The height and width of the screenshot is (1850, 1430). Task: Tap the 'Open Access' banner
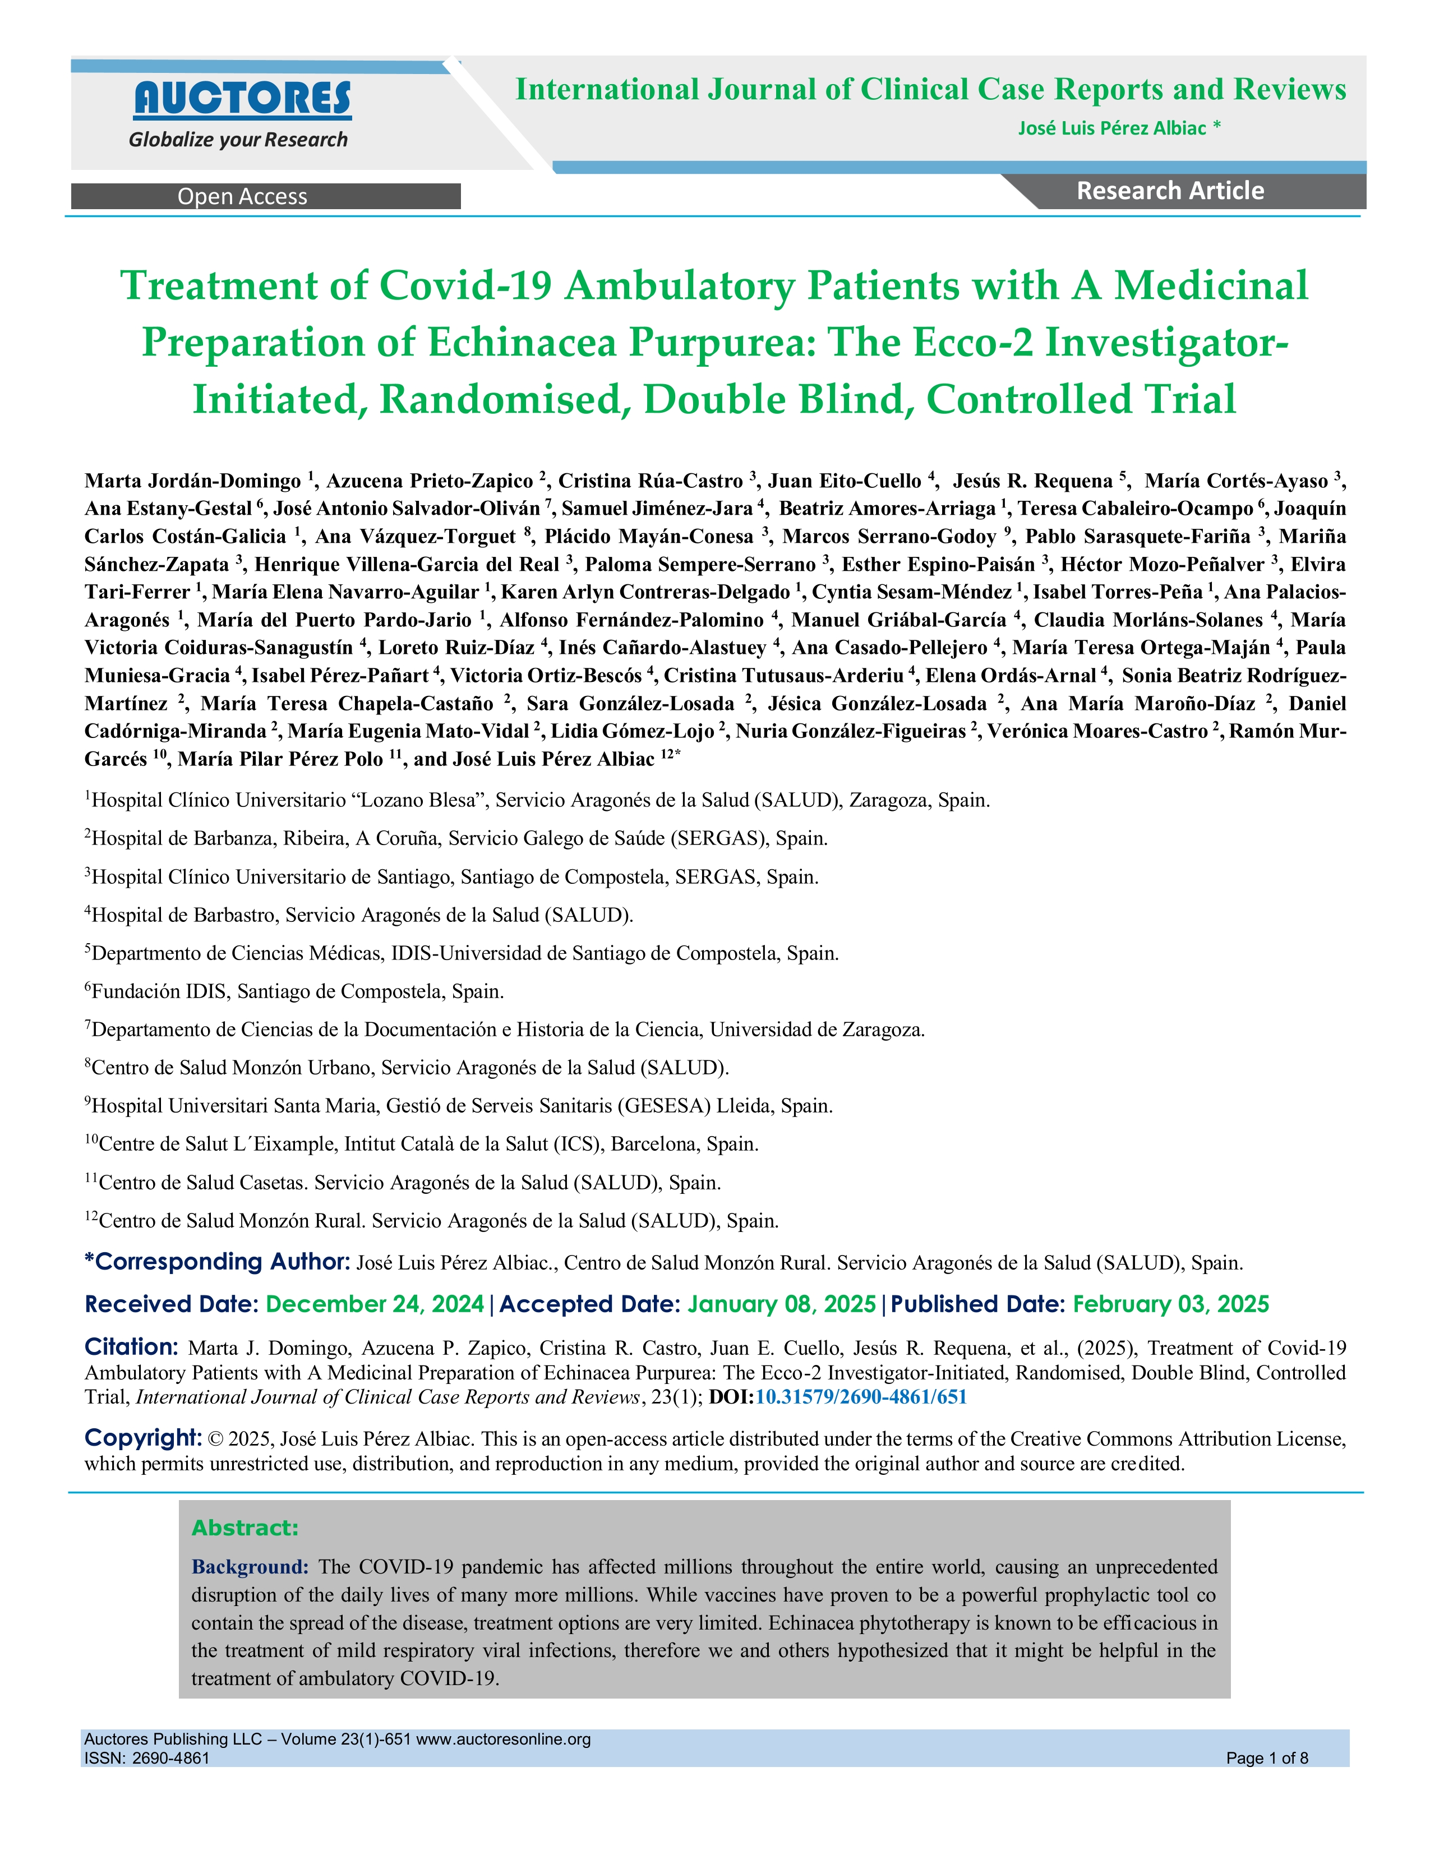pos(242,196)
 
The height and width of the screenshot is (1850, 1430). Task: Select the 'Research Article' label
pos(1170,191)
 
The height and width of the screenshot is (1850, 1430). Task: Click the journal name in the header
pos(930,90)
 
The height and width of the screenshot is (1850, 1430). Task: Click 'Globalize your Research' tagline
pos(238,140)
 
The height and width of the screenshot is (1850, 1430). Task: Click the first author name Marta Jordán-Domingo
pos(192,481)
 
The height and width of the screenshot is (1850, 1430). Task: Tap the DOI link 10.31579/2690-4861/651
pos(861,1397)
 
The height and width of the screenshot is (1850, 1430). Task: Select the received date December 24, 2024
pos(375,1304)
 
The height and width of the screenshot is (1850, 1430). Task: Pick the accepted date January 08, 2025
pos(781,1304)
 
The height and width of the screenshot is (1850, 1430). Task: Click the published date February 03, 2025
pos(1171,1304)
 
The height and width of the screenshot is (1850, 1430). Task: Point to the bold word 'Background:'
pos(250,1566)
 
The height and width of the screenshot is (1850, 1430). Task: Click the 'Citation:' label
pos(131,1347)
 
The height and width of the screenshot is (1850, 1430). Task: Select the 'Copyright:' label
pos(142,1437)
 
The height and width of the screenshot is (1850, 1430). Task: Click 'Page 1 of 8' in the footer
pos(1266,1757)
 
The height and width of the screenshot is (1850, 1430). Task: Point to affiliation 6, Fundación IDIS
pos(297,991)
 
